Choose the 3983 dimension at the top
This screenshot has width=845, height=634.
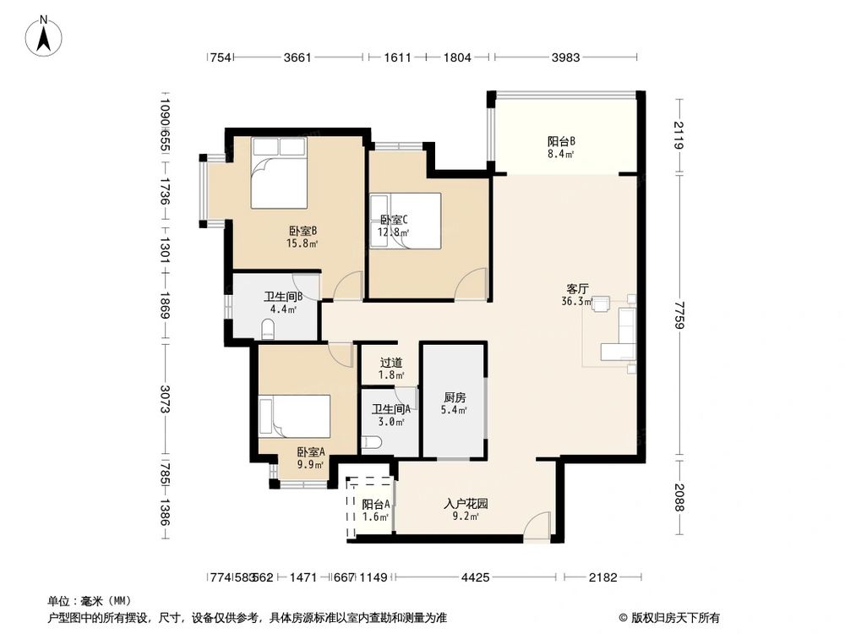564,57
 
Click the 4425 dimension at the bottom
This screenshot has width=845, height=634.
475,577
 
